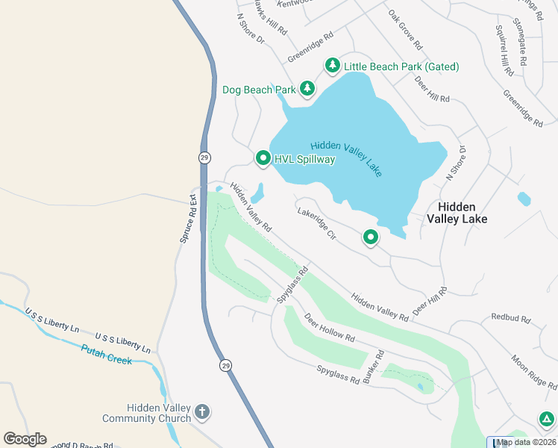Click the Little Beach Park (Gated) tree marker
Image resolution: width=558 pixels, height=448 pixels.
(332, 66)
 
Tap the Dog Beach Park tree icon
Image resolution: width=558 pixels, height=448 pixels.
(307, 90)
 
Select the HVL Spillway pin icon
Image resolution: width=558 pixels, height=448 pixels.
(263, 158)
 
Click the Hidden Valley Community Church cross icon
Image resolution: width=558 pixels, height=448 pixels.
(201, 412)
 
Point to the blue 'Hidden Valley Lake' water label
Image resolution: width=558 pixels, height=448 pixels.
(346, 158)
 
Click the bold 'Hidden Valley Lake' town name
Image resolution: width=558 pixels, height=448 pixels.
(457, 213)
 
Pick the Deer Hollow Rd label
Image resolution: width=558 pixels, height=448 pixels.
(328, 328)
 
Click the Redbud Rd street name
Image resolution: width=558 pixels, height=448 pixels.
(510, 318)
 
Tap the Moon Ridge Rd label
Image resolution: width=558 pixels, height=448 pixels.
(533, 371)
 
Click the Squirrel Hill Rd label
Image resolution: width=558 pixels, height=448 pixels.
(504, 50)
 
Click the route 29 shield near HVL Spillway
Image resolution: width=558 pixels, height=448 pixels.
(204, 158)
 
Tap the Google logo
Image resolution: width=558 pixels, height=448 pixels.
(25, 439)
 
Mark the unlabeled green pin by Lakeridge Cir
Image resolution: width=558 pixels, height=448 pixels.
(371, 237)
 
